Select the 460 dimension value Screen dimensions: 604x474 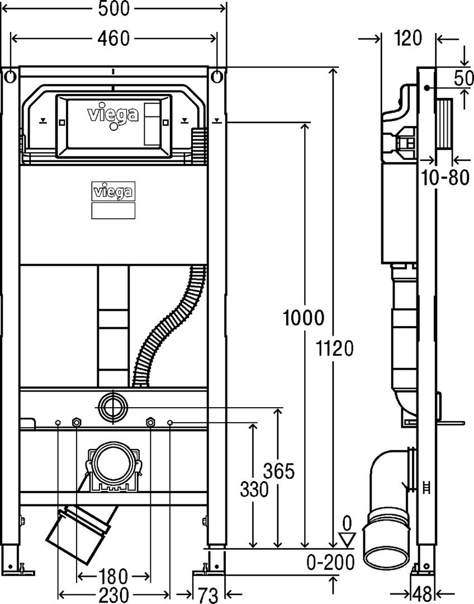pyautogui.click(x=113, y=38)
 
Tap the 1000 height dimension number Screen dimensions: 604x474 pyautogui.click(x=304, y=318)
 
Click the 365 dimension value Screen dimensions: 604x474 pyautogui.click(x=278, y=471)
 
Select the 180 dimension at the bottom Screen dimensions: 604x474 pyautogui.click(x=113, y=575)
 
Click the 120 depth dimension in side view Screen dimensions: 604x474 pyautogui.click(x=407, y=38)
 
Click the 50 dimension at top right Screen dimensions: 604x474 pyautogui.click(x=463, y=78)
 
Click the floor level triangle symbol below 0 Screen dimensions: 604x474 pyautogui.click(x=348, y=540)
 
